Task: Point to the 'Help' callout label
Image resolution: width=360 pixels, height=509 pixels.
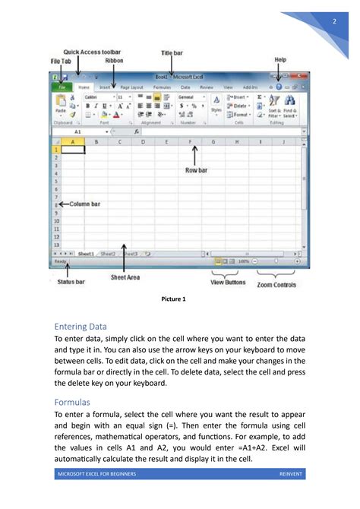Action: pyautogui.click(x=279, y=58)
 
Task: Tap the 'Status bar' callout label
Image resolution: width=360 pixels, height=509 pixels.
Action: pyautogui.click(x=71, y=281)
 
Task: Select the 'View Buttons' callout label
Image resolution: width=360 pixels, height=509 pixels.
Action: pyautogui.click(x=227, y=282)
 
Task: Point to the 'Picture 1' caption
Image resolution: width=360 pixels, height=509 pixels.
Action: pyautogui.click(x=174, y=299)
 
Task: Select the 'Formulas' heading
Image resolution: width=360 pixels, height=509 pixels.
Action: pyautogui.click(x=74, y=401)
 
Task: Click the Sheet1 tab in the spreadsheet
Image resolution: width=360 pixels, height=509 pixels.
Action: pyautogui.click(x=85, y=254)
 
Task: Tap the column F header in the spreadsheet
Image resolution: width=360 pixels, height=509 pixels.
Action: pyautogui.click(x=190, y=141)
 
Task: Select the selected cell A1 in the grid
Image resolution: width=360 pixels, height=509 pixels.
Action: pyautogui.click(x=72, y=150)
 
